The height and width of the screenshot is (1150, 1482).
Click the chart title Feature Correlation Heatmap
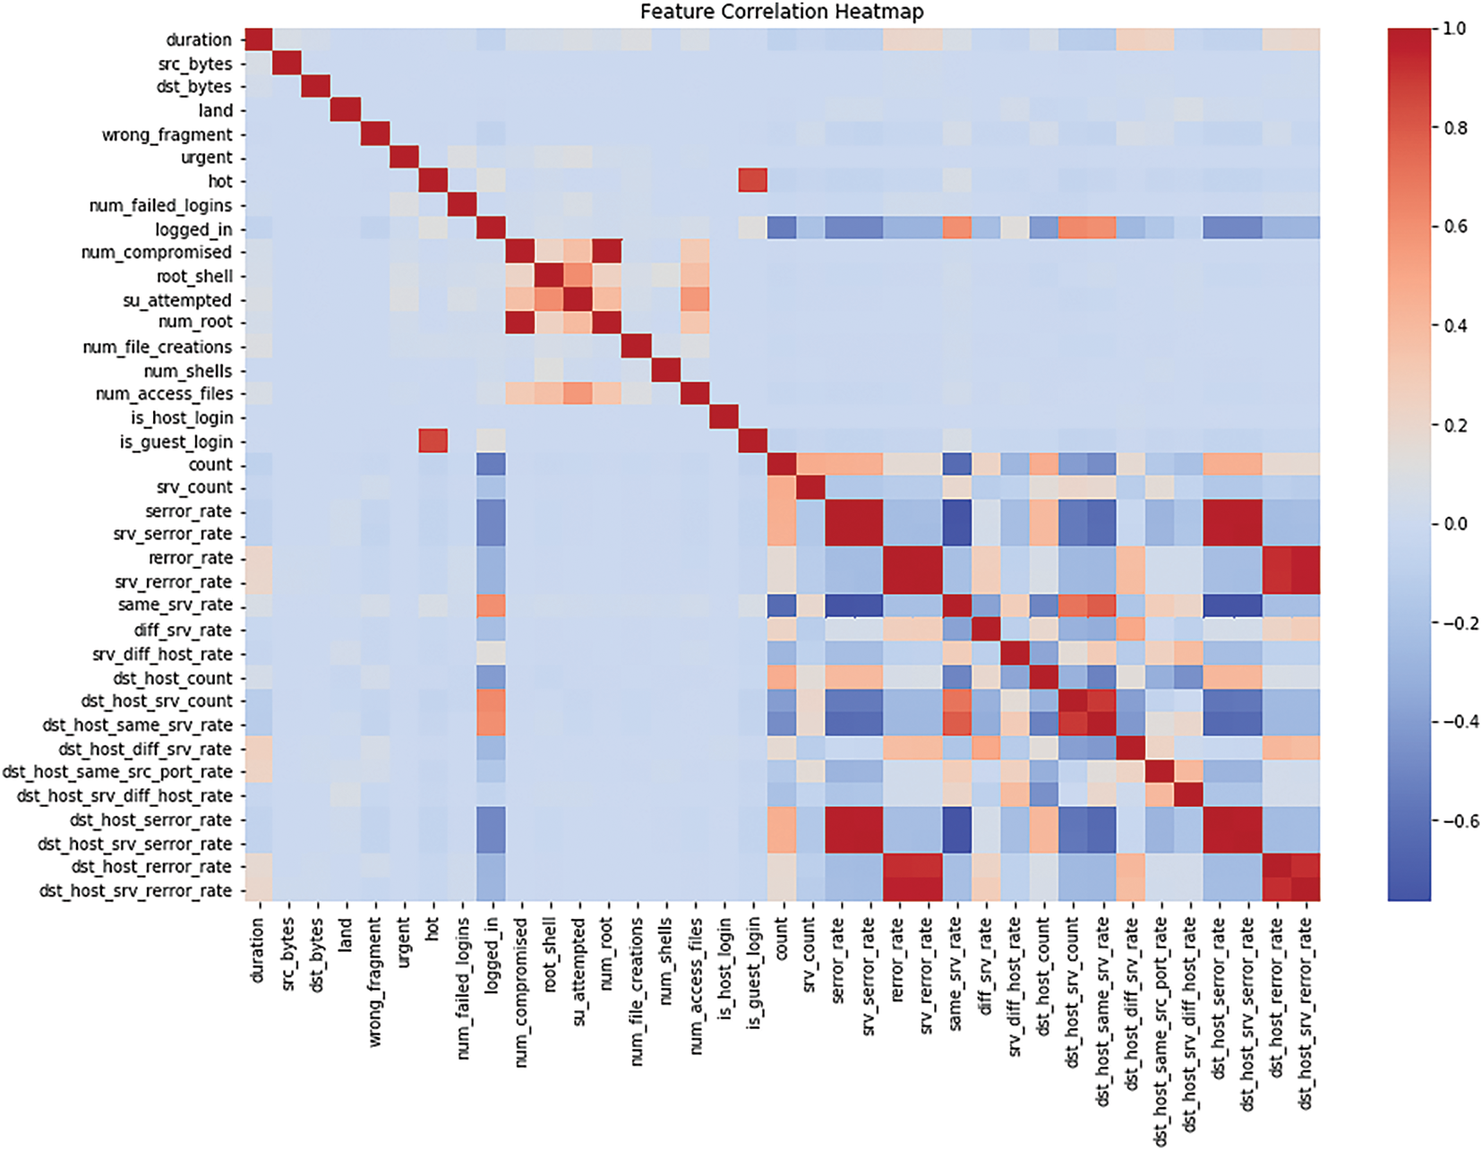coord(782,12)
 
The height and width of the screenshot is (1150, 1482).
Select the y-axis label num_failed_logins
coord(160,205)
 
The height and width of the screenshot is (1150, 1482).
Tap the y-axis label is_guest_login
coord(176,442)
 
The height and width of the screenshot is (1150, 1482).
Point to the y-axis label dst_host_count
coord(172,678)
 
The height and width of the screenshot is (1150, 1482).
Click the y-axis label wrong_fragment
coord(167,134)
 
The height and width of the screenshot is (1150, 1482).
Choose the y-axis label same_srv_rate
coord(175,605)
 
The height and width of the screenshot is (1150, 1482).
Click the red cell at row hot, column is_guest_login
coord(753,181)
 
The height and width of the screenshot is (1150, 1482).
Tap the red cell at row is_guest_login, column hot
coord(433,441)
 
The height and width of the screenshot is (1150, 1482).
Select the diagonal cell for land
coord(346,110)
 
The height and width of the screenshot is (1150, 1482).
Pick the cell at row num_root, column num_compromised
coord(520,322)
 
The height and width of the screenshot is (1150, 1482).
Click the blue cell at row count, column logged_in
coord(492,464)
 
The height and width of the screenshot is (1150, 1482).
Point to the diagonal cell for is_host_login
coord(724,417)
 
